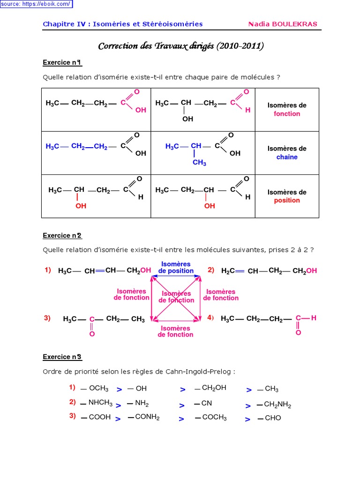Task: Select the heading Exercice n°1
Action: click(x=62, y=62)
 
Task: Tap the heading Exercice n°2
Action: click(x=62, y=235)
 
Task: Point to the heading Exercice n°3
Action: click(x=62, y=357)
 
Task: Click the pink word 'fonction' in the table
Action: click(x=287, y=114)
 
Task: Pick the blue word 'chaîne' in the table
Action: click(x=287, y=157)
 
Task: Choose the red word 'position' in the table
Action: click(x=287, y=200)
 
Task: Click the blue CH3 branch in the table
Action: click(x=199, y=163)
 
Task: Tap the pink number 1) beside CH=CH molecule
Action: click(x=48, y=270)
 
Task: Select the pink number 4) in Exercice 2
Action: click(x=210, y=318)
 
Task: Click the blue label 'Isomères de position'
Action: click(x=176, y=267)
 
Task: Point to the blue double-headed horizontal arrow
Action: click(x=176, y=276)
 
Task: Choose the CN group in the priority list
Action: click(x=207, y=403)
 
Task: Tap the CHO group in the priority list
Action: click(x=273, y=418)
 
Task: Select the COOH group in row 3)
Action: click(x=99, y=417)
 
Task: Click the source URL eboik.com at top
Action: click(x=36, y=4)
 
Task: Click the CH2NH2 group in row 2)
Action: click(x=277, y=405)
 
